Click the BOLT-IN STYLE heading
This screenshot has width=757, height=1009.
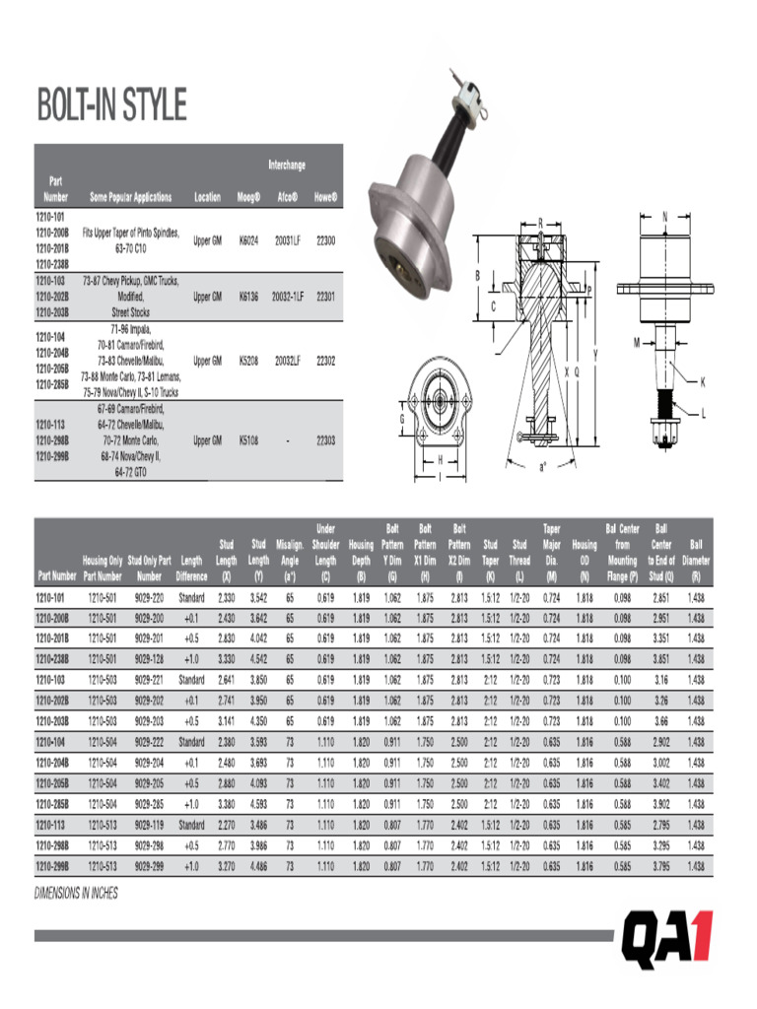point(111,105)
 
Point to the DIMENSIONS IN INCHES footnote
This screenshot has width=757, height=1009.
point(76,893)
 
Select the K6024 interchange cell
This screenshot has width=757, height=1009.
point(248,240)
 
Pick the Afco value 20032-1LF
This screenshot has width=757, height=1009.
point(288,297)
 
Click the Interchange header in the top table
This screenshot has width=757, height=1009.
point(287,165)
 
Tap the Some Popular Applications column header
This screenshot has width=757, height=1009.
point(130,197)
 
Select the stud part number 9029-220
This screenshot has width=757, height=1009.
point(149,598)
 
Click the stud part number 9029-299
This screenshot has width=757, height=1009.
point(149,866)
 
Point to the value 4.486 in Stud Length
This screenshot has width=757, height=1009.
point(258,866)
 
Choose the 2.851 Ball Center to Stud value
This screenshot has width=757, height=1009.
point(660,598)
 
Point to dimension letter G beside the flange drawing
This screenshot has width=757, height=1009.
point(402,418)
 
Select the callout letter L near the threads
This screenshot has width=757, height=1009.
point(703,414)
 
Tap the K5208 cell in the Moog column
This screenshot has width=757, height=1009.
point(248,361)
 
